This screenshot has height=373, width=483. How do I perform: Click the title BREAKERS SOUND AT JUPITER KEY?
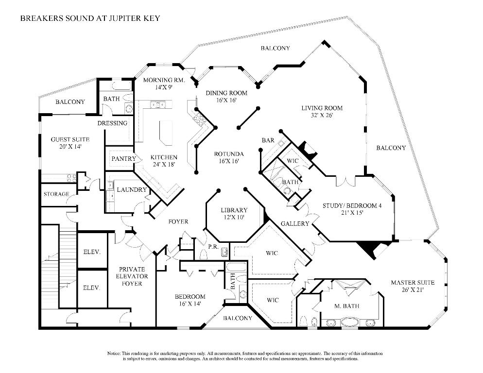point(90,18)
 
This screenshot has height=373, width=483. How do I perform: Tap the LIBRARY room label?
point(234,210)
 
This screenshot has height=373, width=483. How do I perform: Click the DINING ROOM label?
point(226,93)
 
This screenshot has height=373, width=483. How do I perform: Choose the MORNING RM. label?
point(164,80)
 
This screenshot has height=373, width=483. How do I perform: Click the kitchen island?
point(166,132)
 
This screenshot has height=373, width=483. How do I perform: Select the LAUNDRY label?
point(132,190)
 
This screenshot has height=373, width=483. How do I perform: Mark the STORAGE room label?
point(56,194)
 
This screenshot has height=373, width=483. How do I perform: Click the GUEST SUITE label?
point(70,139)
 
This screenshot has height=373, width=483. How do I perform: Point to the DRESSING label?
point(112,123)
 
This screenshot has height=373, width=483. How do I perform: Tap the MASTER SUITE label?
point(413,283)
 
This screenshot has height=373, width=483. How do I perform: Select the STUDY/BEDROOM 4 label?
point(352,205)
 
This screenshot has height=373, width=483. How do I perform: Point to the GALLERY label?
point(295,223)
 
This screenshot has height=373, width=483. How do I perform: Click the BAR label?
point(268,140)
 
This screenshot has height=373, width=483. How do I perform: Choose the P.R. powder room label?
point(212,247)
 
